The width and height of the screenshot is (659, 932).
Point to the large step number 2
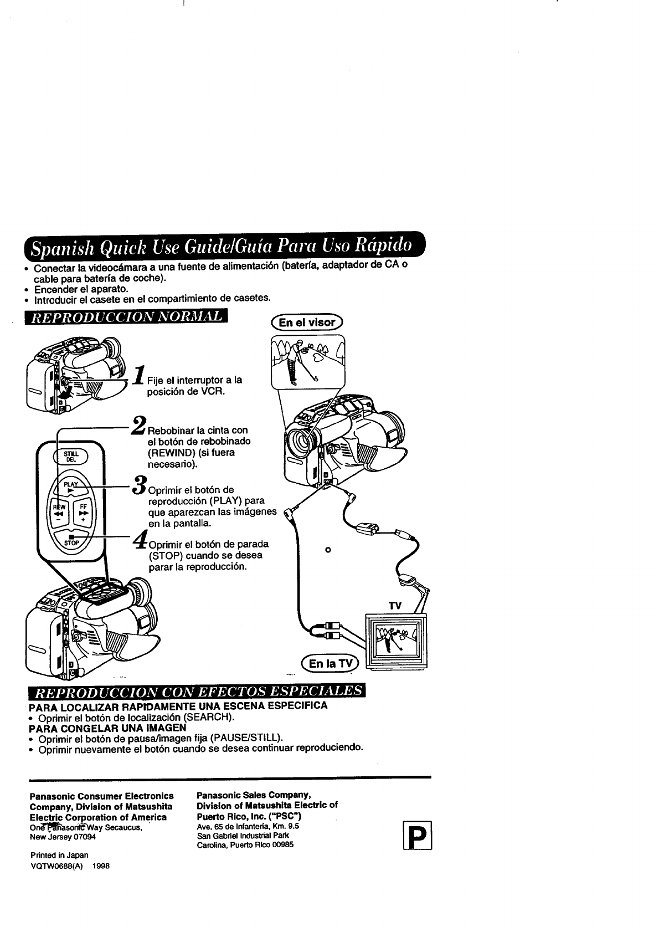138,426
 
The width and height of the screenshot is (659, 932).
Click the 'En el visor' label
307,322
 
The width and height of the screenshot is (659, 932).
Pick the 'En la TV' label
329,663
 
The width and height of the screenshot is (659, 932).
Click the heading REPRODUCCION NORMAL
127,317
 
